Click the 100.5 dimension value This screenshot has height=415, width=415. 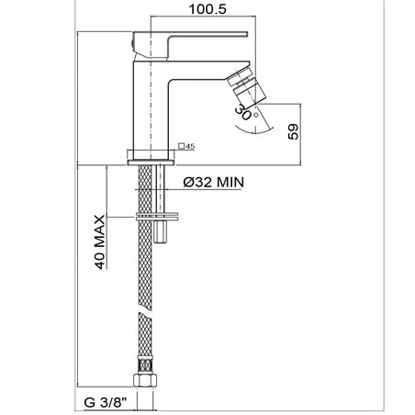coord(207,9)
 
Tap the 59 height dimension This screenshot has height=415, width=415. coord(294,132)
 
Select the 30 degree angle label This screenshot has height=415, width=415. coord(243,112)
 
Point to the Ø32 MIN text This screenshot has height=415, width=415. coord(214,183)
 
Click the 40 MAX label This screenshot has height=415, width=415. coord(100,242)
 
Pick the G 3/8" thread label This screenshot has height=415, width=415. coord(106,402)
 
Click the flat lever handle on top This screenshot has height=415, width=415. coord(190,44)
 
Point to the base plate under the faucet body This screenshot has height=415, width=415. coord(151,163)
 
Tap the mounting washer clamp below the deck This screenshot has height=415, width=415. coord(156,217)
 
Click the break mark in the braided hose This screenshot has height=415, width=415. coord(145,312)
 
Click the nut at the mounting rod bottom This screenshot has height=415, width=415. coord(161,232)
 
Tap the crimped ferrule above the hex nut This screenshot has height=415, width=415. coord(146,365)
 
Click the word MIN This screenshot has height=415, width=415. coord(230,183)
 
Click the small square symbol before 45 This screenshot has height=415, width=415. coord(182,146)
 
